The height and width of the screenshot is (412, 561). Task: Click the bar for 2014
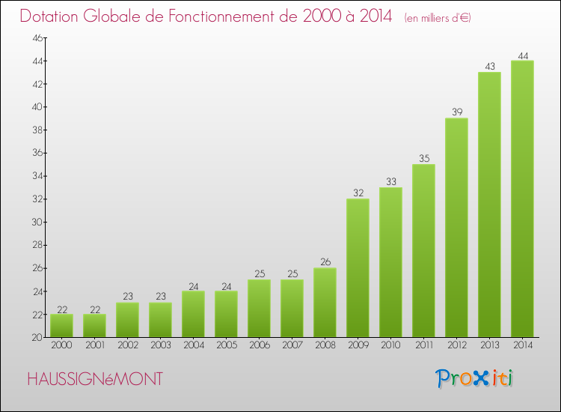point(522,199)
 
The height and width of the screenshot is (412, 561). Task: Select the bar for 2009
point(358,267)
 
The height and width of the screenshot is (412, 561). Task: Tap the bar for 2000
point(61,326)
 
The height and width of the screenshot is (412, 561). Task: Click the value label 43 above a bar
point(489,66)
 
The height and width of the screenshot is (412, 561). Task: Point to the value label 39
point(456,112)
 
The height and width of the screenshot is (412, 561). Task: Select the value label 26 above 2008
point(325,262)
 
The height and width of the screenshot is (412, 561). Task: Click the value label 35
point(423,158)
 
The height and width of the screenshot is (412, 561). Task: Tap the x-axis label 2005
point(226,345)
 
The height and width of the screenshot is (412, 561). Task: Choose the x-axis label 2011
point(423,345)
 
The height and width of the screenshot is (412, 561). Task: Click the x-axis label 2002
point(127,345)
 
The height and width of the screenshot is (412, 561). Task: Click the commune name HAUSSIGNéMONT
point(94,379)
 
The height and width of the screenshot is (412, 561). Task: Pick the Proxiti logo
point(474,378)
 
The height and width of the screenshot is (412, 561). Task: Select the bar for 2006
point(259,308)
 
